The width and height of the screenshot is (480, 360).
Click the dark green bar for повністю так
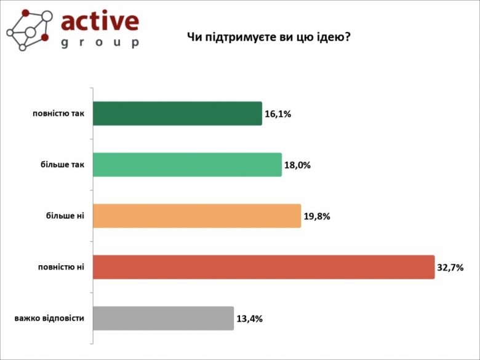coord(177,113)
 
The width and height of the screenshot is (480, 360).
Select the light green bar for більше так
coord(187,165)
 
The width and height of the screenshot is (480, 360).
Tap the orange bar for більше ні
coord(197,216)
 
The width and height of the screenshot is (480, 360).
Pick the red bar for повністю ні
coord(263,267)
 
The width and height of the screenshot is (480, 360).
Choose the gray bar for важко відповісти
coord(163,318)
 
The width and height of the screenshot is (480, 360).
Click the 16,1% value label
coord(278,114)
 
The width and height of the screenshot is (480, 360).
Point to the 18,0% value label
coord(297,165)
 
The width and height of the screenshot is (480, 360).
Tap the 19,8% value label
coord(317,216)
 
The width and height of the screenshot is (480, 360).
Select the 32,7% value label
coord(450,267)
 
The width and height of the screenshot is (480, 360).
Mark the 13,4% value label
coord(249,319)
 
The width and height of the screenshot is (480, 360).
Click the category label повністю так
coord(58,113)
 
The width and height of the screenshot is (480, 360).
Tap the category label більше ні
coord(65,216)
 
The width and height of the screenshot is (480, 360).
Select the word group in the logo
coord(100,42)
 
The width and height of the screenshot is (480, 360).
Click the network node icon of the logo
coord(28,29)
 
